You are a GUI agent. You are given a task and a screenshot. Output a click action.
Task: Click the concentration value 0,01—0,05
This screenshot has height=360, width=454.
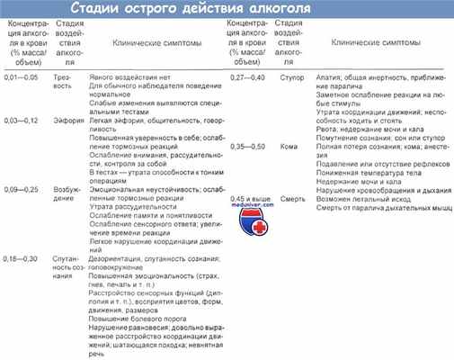[x=22, y=78]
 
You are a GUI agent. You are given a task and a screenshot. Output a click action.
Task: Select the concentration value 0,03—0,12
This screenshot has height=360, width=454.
[x=22, y=120]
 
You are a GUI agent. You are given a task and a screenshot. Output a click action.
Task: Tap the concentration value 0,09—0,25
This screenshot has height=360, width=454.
[x=22, y=189]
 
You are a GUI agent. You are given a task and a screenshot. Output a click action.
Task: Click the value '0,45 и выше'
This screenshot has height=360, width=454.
[x=248, y=197]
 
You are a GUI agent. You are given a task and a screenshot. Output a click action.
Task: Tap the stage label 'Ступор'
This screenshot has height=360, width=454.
[x=289, y=78]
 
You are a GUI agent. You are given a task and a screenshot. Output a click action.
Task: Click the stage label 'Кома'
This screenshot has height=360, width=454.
[x=287, y=145]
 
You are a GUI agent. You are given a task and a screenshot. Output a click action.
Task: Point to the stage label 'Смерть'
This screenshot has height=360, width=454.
[x=290, y=197]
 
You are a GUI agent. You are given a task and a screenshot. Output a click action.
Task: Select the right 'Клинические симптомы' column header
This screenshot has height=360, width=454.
[x=377, y=41]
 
